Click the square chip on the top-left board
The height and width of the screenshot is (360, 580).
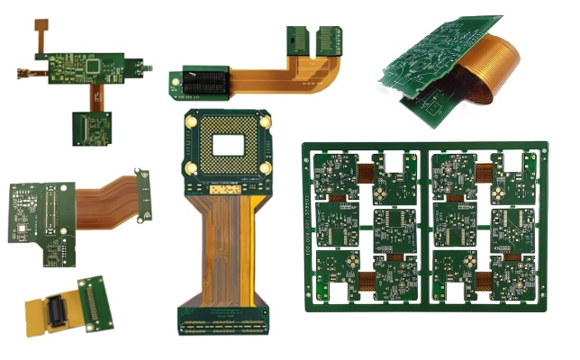pos(93,67)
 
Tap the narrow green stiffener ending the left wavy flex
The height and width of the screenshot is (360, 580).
pos(141,193)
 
